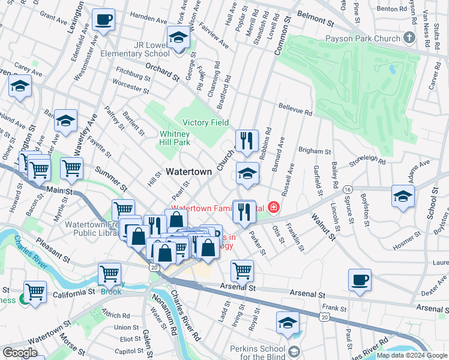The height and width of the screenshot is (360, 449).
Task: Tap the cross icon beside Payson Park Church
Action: tap(409, 38)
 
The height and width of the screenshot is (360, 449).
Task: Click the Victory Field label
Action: tap(205, 122)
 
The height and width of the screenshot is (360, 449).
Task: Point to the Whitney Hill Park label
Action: tap(175, 138)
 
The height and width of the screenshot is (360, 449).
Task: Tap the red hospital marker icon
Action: tap(274, 208)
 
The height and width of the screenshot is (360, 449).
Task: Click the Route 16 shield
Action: tap(348, 189)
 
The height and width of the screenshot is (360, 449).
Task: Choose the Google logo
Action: tap(20, 353)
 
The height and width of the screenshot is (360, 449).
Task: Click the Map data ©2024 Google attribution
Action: tap(412, 355)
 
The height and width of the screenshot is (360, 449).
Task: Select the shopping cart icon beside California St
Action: tap(35, 292)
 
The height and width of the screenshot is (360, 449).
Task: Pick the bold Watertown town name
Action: tap(188, 172)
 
